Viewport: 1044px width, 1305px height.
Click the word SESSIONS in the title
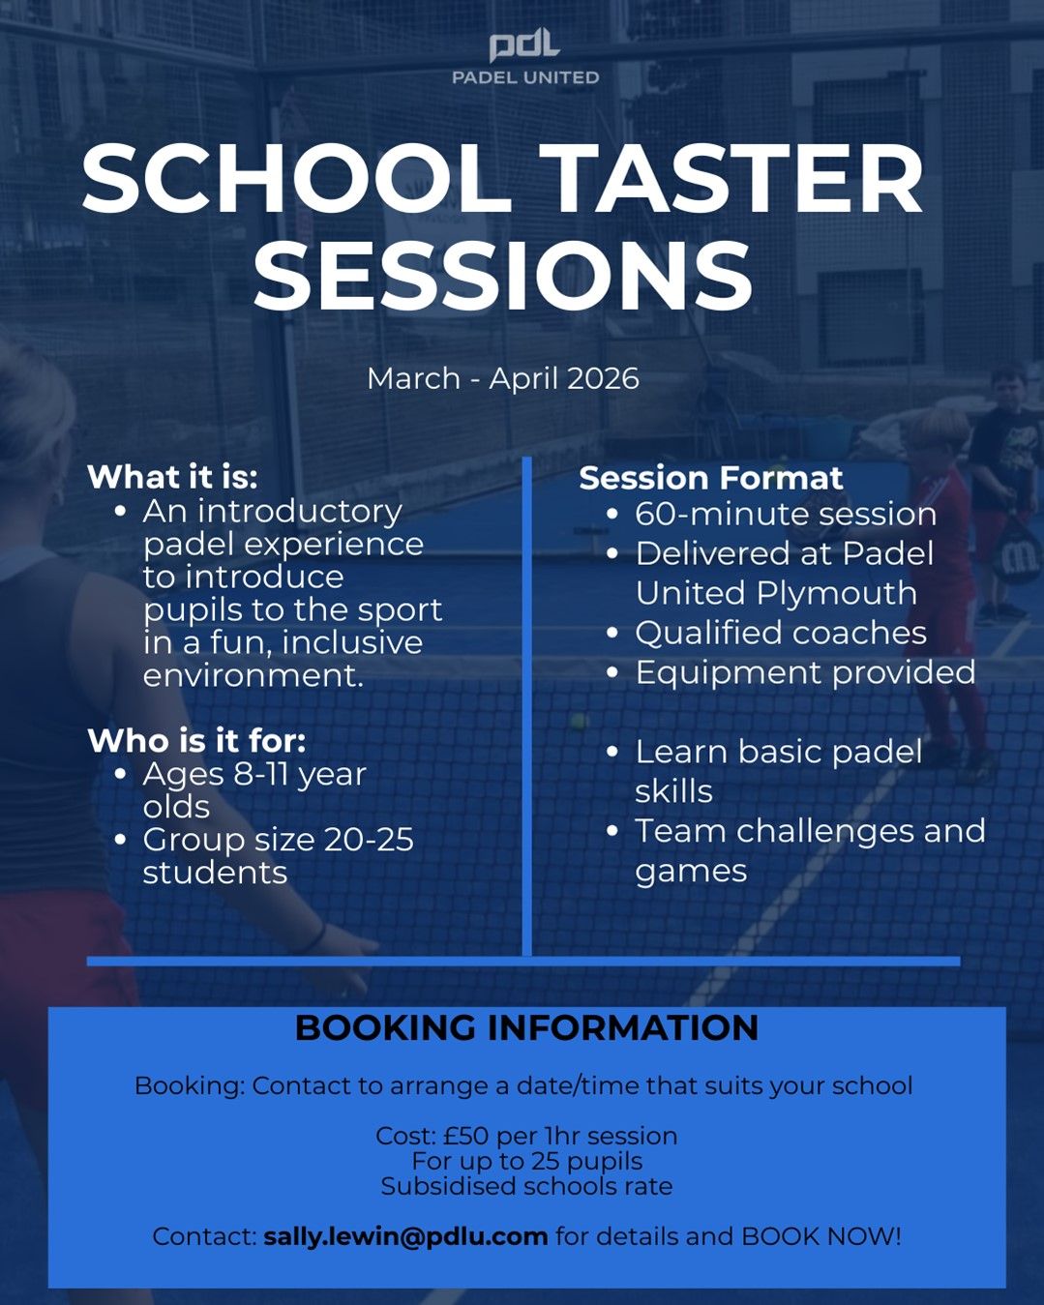tap(503, 274)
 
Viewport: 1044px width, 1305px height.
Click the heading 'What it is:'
tap(173, 477)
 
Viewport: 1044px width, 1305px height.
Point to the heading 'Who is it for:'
tap(196, 740)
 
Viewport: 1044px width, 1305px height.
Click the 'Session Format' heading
tap(711, 478)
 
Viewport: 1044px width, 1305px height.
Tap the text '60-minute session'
tap(786, 515)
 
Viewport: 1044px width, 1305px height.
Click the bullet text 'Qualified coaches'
tap(781, 633)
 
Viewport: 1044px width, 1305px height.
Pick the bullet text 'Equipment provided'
tap(806, 673)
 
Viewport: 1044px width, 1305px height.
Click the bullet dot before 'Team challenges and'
tap(612, 831)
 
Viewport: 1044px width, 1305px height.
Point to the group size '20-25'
tap(369, 840)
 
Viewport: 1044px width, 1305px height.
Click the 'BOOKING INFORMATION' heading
tap(526, 1028)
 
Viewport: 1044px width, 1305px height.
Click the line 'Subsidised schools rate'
tap(526, 1187)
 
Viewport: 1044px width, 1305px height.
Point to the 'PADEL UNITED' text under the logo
tap(525, 77)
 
